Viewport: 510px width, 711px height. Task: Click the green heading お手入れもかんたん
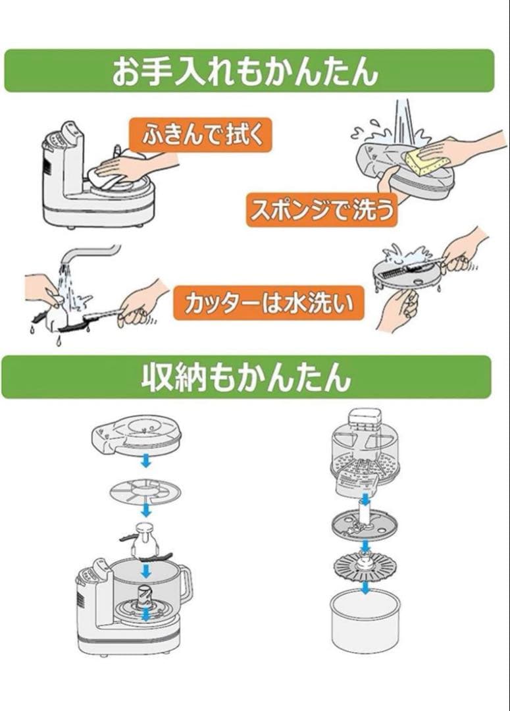point(249,70)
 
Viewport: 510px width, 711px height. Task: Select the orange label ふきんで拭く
point(200,134)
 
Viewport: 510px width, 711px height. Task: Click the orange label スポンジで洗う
point(322,209)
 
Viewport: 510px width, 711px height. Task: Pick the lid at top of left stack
point(136,433)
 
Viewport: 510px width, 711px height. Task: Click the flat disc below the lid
point(145,490)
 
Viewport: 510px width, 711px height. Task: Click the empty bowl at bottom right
point(365,619)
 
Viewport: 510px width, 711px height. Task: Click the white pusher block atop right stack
point(365,419)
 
